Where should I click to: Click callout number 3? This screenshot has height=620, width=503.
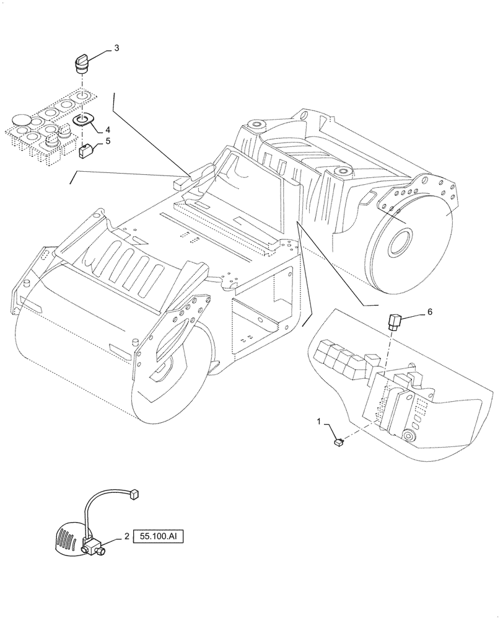coord(116,48)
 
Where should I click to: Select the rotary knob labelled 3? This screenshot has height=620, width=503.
coord(81,63)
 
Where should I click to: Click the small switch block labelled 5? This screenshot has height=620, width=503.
coord(86,149)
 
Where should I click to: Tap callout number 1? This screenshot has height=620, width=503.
coord(320,422)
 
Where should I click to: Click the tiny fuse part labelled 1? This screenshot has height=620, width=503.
coord(339,442)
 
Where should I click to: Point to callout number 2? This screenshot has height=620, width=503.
coord(126,537)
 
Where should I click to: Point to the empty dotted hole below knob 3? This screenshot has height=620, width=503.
coord(81,96)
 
